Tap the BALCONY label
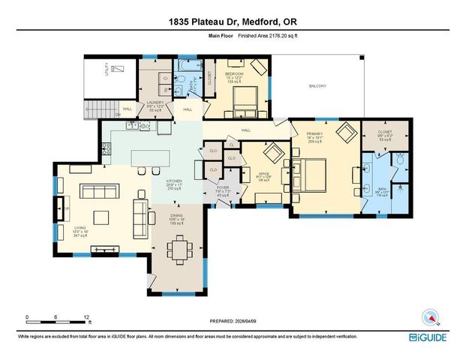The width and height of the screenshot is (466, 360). click(x=317, y=86)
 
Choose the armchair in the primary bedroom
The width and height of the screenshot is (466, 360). click(x=347, y=135)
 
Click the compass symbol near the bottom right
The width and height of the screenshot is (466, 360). click(x=429, y=317)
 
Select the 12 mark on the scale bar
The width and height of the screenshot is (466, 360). click(x=87, y=316)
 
